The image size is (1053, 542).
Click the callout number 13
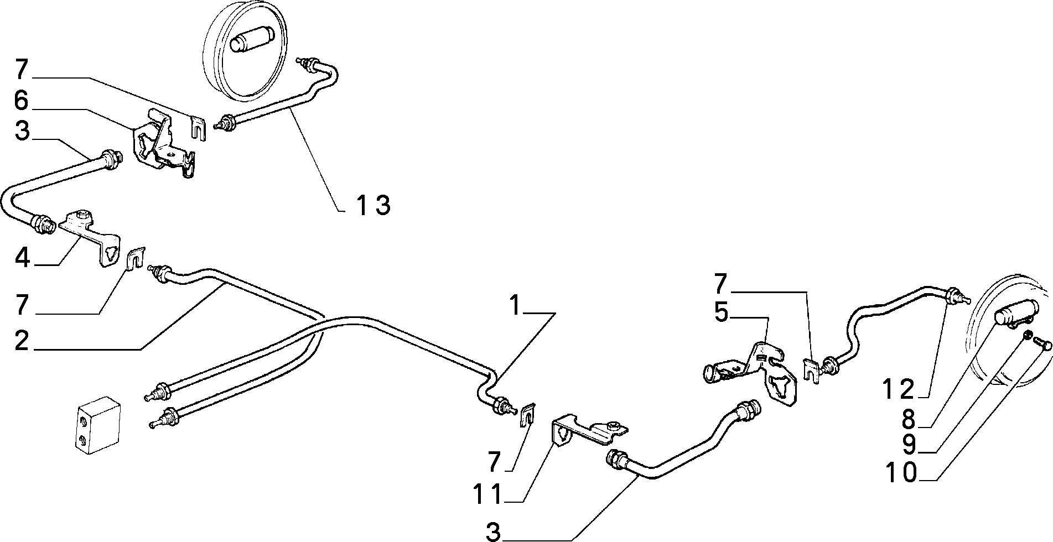tap(373, 205)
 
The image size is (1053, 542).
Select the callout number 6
tap(21, 101)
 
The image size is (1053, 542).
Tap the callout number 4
tap(22, 258)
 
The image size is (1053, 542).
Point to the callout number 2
tap(22, 341)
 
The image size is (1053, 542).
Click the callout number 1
tap(515, 305)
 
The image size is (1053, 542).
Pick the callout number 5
tap(721, 312)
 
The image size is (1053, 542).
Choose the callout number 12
tap(898, 390)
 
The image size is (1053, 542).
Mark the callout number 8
tap(909, 419)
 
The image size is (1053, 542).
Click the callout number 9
tap(909, 445)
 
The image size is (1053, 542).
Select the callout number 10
tap(901, 473)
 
